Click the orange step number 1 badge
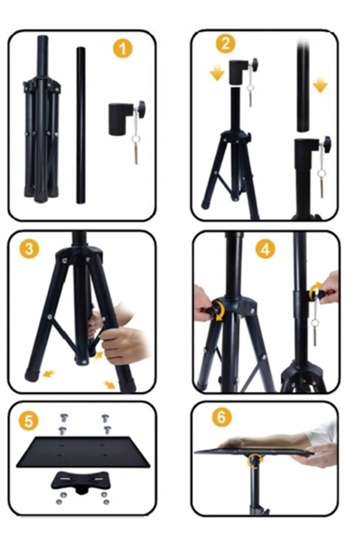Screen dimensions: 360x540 pos(122,49)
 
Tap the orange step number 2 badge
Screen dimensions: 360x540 pos(226,44)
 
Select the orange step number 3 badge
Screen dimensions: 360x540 pos(29,248)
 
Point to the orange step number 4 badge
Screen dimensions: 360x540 pos(265,249)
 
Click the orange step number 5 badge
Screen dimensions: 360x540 pos(28,421)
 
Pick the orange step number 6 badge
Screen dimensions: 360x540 pos(221,417)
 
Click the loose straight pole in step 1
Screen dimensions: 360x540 pos(81,125)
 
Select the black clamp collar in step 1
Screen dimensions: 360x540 pos(121,119)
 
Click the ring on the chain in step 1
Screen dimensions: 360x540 pos(136,139)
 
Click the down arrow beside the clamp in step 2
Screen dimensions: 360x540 pos(217,74)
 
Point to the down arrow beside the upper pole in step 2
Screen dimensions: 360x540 pos(320,85)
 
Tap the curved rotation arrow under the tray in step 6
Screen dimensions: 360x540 pos(255,461)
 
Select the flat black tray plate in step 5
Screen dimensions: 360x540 pos(84,452)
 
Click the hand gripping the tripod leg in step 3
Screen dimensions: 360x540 pos(122,345)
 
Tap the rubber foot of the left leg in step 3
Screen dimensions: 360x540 pos(32,373)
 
